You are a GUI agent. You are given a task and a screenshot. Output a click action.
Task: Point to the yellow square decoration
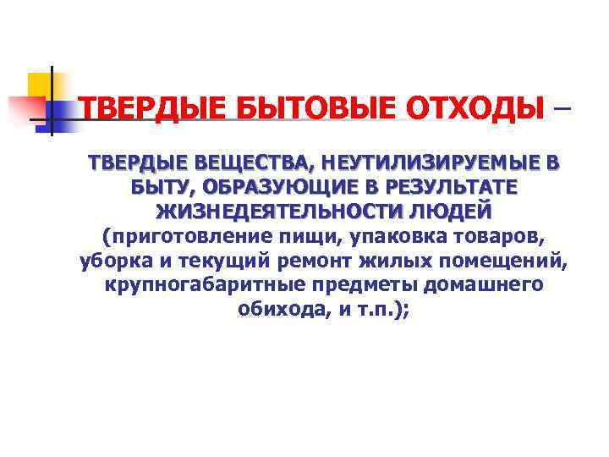click(x=41, y=85)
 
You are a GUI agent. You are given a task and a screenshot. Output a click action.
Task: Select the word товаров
click(x=512, y=234)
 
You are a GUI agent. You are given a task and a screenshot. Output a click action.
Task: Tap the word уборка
click(x=110, y=260)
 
